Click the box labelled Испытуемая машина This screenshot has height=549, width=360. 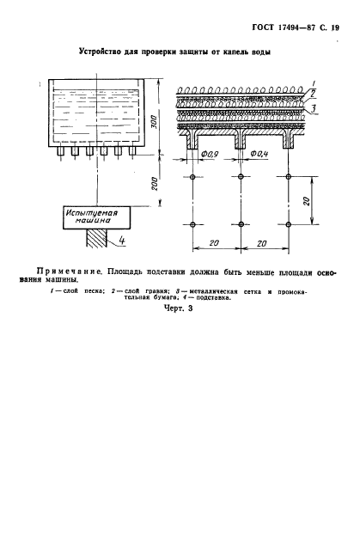tap(94, 216)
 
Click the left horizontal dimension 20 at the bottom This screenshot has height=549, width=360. tap(215, 244)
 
